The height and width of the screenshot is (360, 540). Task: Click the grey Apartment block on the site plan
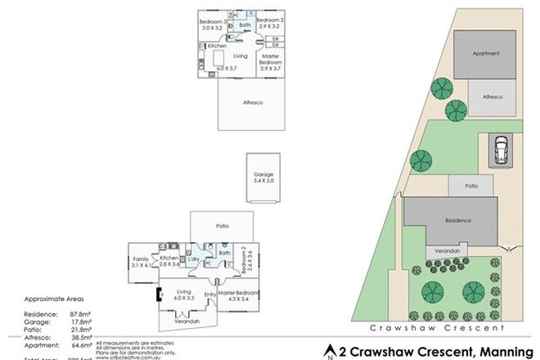click(x=484, y=54)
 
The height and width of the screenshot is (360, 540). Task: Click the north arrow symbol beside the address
click(x=330, y=351)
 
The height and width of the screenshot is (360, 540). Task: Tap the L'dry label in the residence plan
click(x=194, y=259)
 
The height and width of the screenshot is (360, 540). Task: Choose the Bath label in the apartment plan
click(x=244, y=25)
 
